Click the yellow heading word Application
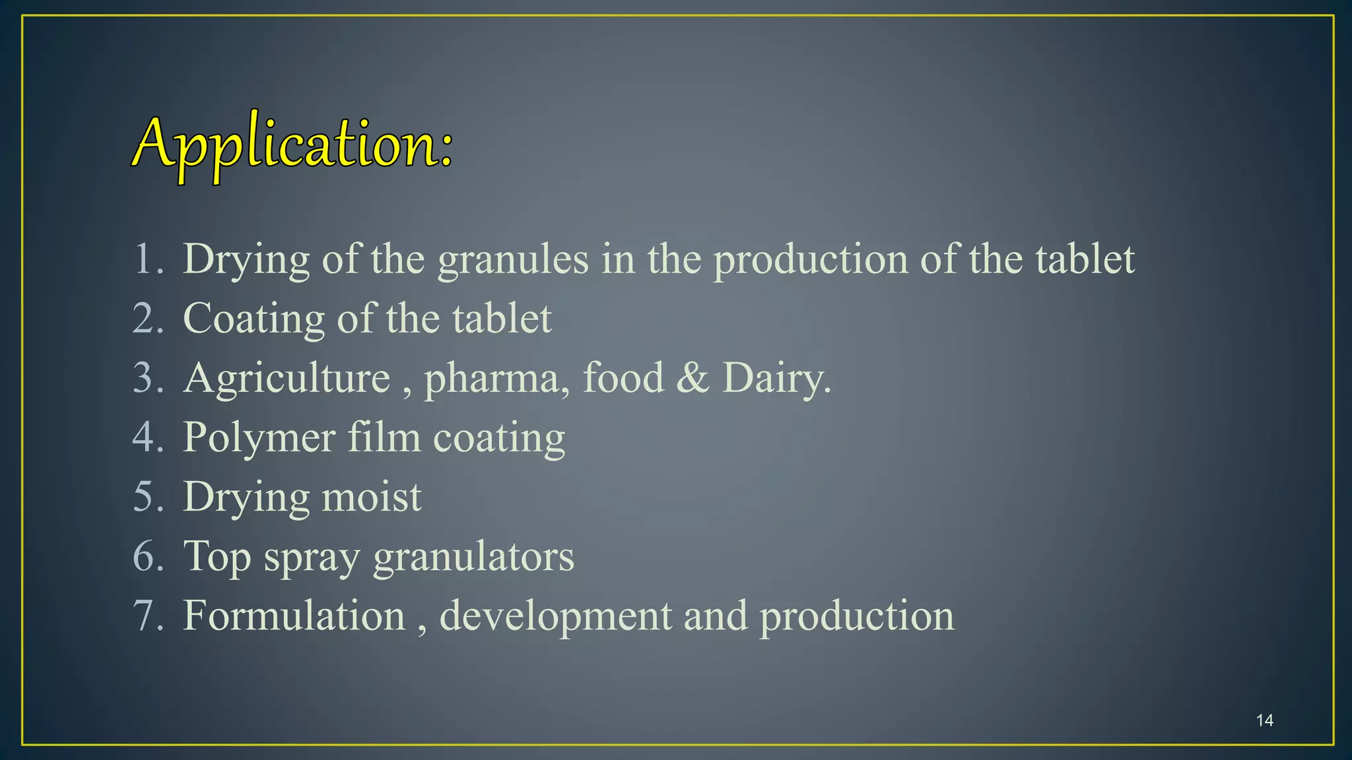(292, 144)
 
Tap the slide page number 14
(1265, 720)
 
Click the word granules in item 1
(513, 259)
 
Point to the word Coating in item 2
(253, 319)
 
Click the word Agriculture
(287, 378)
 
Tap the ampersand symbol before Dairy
(692, 378)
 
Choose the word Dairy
(776, 379)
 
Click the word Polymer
(259, 438)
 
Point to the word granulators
(473, 557)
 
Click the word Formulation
(294, 616)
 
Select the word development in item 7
(555, 617)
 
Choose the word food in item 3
(623, 378)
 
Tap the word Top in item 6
(217, 557)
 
